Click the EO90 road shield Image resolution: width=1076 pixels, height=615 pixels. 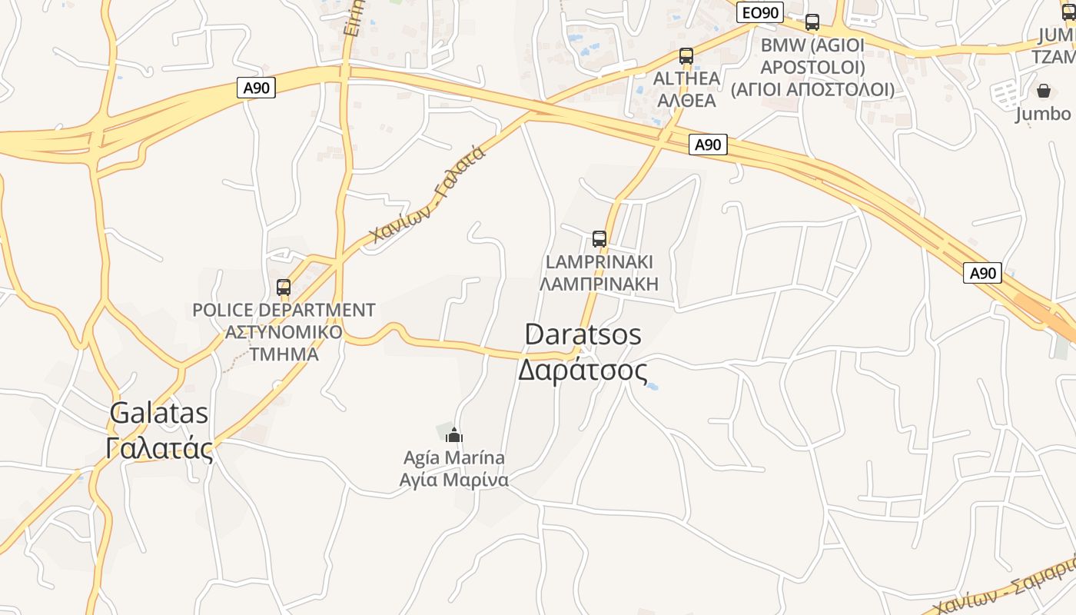759,12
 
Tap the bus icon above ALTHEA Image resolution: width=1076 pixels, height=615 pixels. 686,56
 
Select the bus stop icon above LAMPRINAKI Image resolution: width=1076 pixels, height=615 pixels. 599,239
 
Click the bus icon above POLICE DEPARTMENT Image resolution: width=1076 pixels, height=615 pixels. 284,288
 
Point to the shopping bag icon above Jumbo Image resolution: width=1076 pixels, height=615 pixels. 1044,91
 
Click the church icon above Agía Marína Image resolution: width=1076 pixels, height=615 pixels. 454,435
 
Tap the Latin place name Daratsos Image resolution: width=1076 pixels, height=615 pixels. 583,334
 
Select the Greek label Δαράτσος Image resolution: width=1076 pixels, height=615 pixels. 583,371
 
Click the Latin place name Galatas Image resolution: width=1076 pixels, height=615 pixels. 159,413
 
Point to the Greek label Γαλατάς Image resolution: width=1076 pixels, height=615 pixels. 159,448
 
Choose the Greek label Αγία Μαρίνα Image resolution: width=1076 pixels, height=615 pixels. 454,480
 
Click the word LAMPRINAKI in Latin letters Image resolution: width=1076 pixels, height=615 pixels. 599,261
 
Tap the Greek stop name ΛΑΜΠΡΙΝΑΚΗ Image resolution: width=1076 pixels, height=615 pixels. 599,284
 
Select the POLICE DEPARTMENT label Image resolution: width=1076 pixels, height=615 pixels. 284,310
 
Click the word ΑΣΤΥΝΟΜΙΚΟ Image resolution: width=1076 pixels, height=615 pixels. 284,332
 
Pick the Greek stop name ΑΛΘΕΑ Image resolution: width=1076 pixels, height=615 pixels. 686,100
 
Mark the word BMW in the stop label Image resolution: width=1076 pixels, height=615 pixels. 783,45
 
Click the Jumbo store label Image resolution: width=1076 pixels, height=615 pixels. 1043,114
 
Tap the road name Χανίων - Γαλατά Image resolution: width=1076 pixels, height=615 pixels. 427,195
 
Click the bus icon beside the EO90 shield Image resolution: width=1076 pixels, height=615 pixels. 812,22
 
